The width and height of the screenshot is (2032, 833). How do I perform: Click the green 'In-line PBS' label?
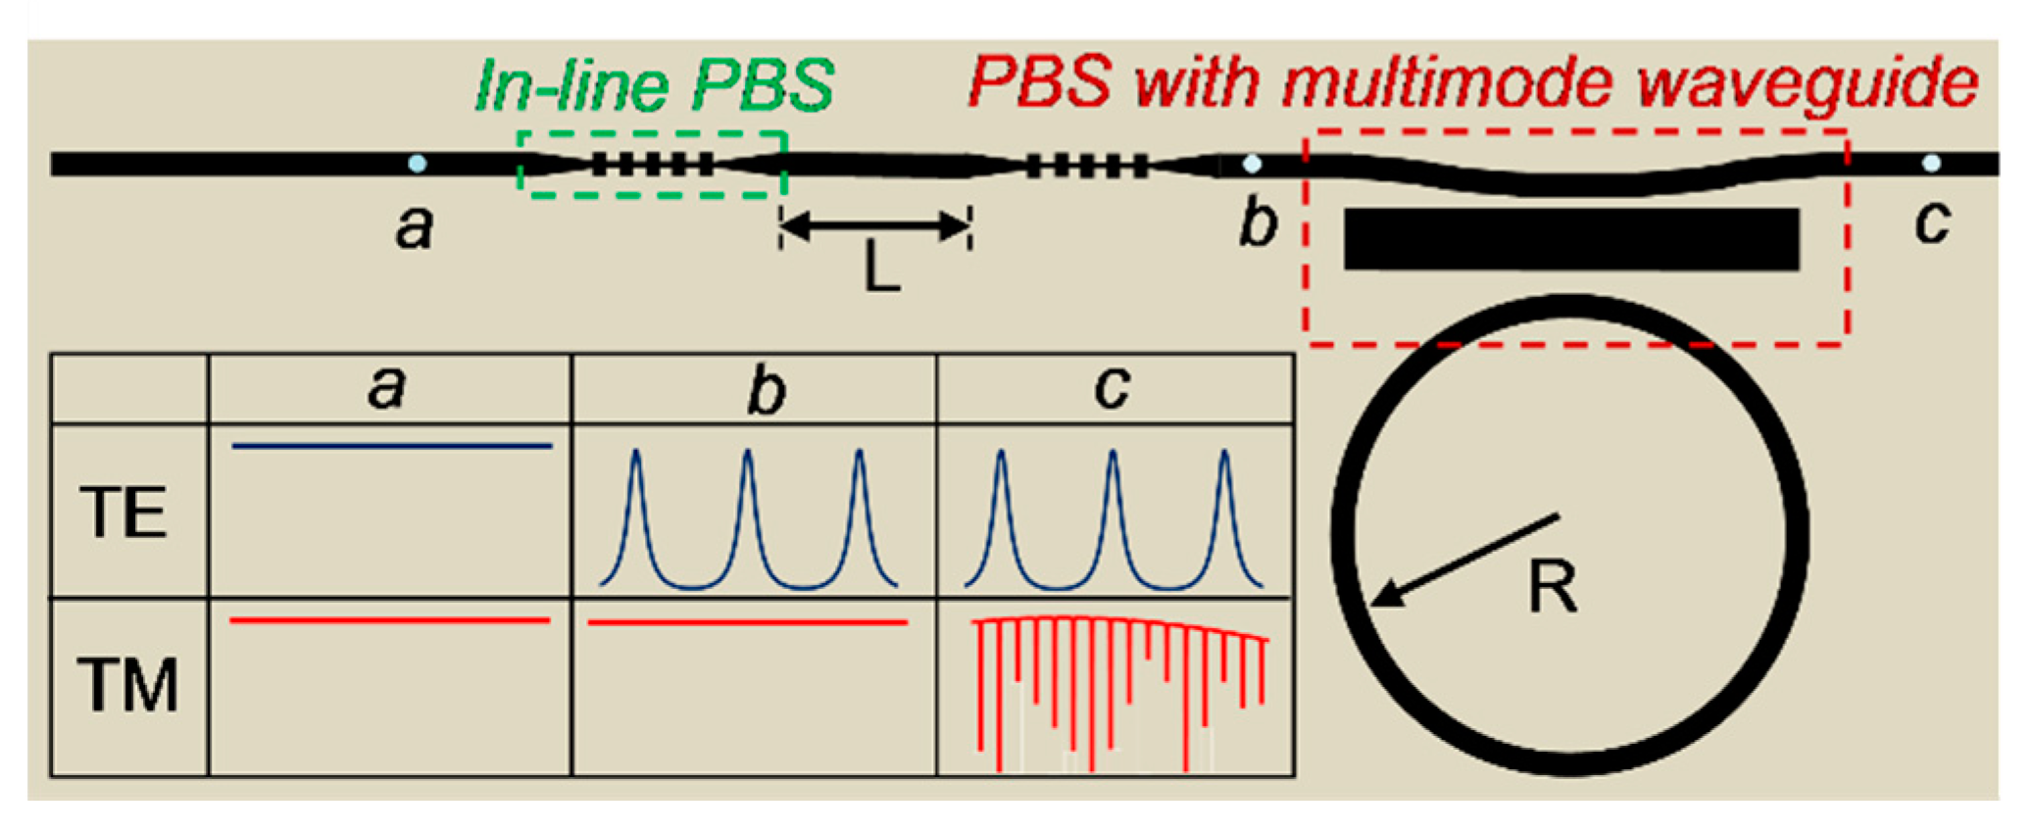(654, 86)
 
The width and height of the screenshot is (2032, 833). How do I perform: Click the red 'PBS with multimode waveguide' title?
(1472, 82)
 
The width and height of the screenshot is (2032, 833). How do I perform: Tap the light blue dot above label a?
(418, 164)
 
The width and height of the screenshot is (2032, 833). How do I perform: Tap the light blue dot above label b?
(1252, 164)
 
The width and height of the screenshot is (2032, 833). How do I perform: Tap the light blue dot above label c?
(1931, 164)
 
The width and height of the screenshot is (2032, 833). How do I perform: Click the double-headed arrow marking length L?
(875, 226)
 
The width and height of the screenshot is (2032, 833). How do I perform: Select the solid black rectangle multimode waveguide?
(1571, 239)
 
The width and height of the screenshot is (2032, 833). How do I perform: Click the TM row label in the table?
(127, 685)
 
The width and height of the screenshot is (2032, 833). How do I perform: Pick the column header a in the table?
(386, 388)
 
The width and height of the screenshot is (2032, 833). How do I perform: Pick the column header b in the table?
(766, 390)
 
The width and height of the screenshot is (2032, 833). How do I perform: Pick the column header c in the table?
(1112, 388)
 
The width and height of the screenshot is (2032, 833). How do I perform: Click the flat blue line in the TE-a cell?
(392, 447)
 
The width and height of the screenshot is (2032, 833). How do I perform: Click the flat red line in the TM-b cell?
(748, 622)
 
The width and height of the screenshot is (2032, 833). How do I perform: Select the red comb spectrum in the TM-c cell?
(1120, 686)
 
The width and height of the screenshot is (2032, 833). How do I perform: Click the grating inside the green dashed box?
(653, 164)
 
